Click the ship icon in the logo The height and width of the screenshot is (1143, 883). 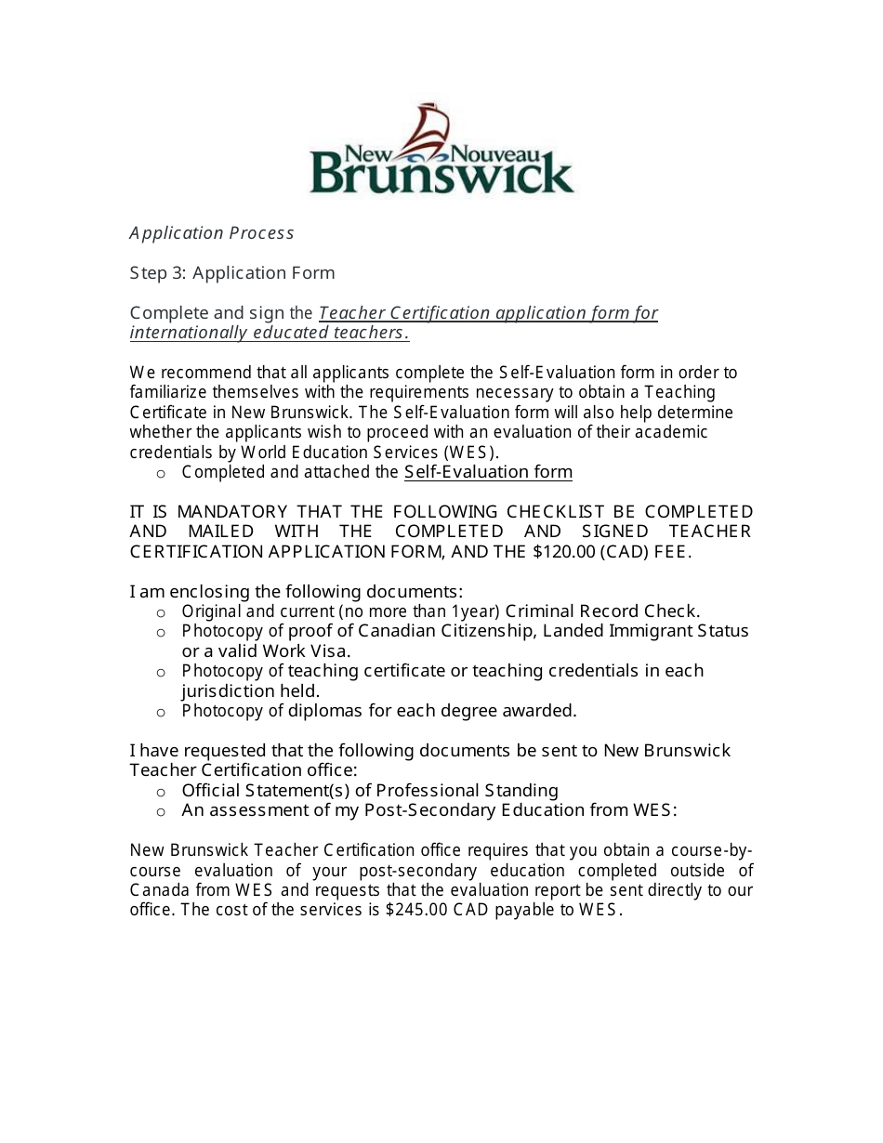(429, 129)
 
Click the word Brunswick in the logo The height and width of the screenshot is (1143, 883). (441, 175)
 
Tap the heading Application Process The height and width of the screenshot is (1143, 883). (212, 233)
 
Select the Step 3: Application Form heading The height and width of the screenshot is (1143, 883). (232, 273)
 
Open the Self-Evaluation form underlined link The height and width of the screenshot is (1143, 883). (488, 472)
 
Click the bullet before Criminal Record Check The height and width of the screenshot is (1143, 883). (161, 612)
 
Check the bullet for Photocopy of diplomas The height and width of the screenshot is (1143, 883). (161, 712)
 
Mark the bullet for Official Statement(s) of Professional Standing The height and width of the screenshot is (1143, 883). (161, 792)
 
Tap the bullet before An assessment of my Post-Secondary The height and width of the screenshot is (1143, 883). (161, 811)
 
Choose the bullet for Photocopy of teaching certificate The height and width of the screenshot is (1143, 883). (161, 672)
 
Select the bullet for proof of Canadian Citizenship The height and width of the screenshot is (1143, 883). (161, 632)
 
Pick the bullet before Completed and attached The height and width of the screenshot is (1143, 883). (161, 473)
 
